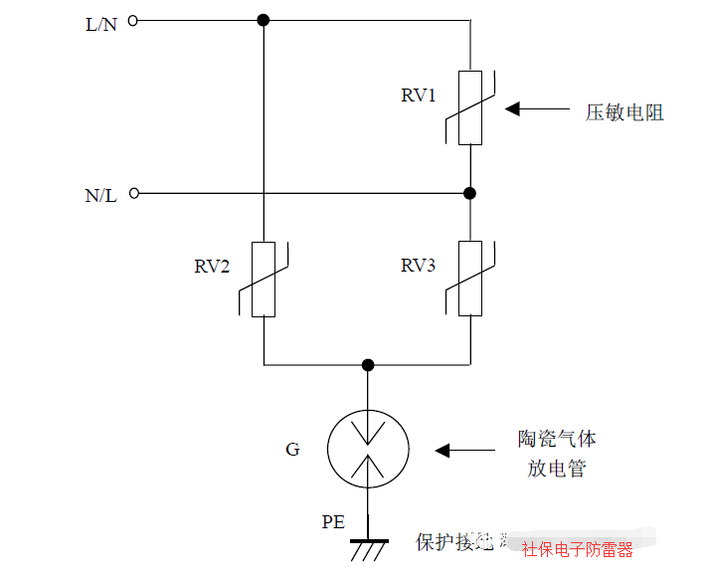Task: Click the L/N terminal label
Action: click(100, 23)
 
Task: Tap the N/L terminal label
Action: click(100, 195)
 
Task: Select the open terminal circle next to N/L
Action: click(133, 193)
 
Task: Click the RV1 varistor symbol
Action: click(470, 107)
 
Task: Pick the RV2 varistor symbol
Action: click(264, 279)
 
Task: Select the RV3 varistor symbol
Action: click(470, 279)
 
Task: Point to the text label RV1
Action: click(419, 96)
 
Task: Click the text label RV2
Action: click(212, 267)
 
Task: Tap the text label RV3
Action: click(419, 266)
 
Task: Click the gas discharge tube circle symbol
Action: click(368, 450)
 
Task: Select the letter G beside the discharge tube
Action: click(292, 450)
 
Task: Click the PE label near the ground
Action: click(333, 521)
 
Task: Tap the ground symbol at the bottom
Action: click(368, 548)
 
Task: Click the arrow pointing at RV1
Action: click(533, 108)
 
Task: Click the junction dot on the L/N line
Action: click(264, 20)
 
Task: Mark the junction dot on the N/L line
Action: click(470, 193)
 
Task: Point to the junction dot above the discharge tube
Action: click(368, 365)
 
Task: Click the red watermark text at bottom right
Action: click(577, 549)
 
